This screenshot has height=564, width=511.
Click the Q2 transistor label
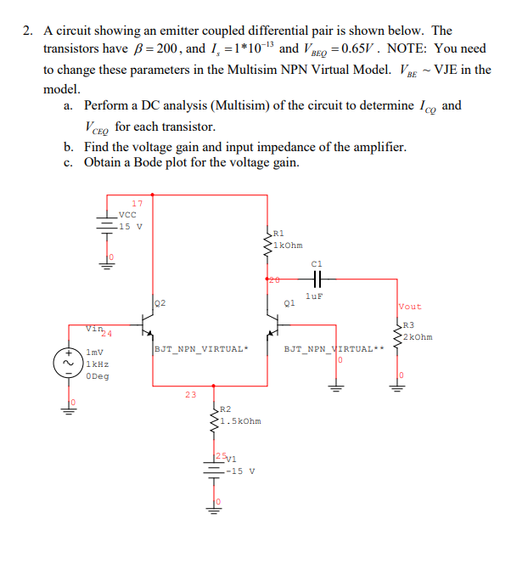(160, 302)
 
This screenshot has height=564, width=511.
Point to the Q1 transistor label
(289, 302)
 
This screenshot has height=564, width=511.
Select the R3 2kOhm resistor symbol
(396, 330)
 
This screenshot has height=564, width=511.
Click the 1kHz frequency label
(96, 364)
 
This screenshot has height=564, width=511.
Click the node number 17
(137, 203)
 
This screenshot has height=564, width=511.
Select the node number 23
(190, 393)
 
